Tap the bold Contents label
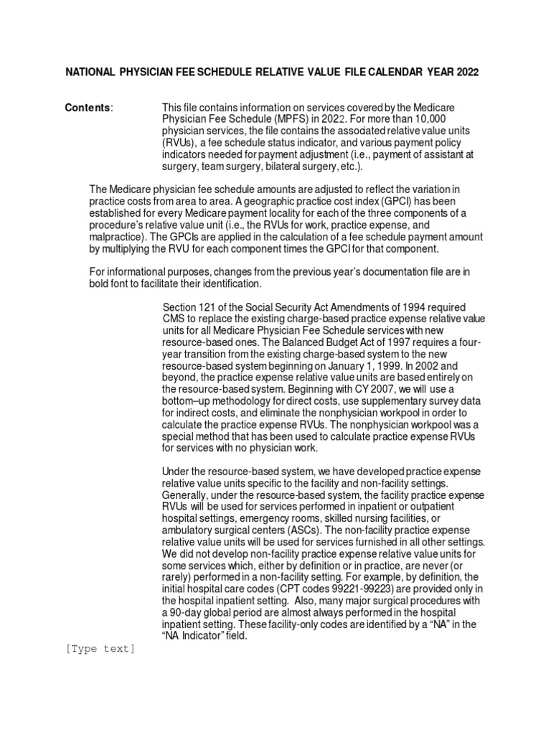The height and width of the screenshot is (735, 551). point(88,108)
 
